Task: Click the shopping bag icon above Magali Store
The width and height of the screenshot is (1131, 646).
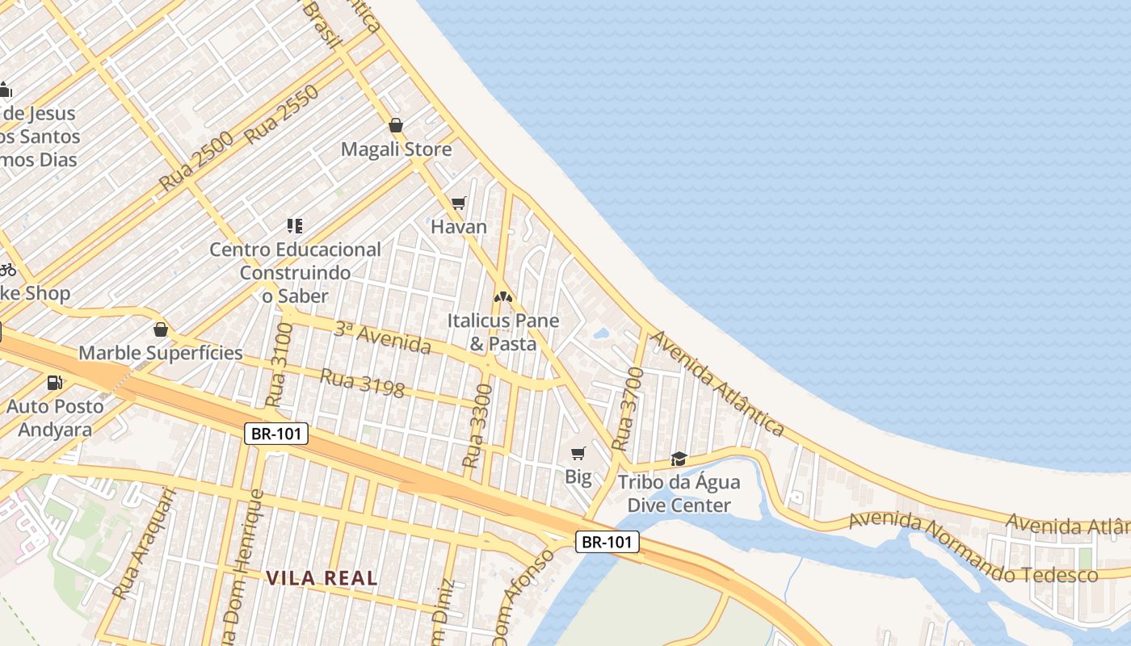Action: click(x=396, y=125)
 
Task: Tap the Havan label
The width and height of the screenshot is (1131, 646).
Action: click(x=459, y=227)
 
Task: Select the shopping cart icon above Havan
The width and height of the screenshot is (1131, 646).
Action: click(x=459, y=203)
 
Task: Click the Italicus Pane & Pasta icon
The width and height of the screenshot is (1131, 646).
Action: click(x=503, y=297)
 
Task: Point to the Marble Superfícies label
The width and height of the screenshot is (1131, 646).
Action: click(x=161, y=353)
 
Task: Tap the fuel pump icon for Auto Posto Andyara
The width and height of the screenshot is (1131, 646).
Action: click(x=55, y=382)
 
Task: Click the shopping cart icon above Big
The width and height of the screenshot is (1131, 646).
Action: click(x=578, y=453)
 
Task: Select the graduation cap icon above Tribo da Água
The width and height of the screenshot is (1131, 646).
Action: click(x=679, y=459)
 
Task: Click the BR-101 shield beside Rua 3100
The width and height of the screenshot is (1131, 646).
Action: click(x=276, y=434)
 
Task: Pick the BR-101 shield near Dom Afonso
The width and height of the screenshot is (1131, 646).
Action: click(x=608, y=542)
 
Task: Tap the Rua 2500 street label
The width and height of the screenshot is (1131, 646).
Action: click(x=196, y=160)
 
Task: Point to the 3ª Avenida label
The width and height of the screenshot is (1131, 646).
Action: click(x=382, y=338)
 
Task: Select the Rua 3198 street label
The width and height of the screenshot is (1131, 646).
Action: click(x=363, y=383)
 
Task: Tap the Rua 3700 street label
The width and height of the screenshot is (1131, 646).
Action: click(x=628, y=409)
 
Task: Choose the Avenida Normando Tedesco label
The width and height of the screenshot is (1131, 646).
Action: click(x=973, y=547)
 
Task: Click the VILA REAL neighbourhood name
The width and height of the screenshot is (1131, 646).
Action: click(x=322, y=578)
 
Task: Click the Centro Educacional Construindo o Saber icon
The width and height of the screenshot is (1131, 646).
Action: click(x=295, y=225)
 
